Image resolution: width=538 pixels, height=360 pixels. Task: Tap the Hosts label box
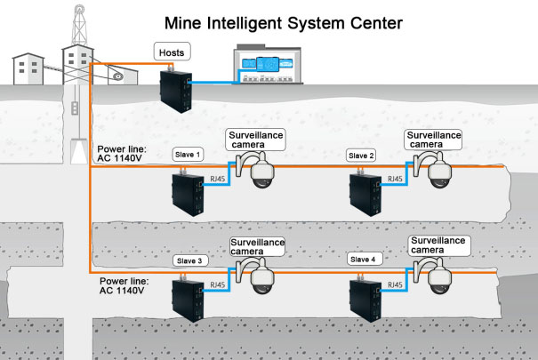[x=172, y=53]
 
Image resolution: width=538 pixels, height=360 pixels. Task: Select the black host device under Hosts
[x=177, y=89]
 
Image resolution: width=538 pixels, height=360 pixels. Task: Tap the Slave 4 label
[x=363, y=260]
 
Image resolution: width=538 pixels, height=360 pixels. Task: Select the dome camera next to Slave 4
[x=437, y=278]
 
